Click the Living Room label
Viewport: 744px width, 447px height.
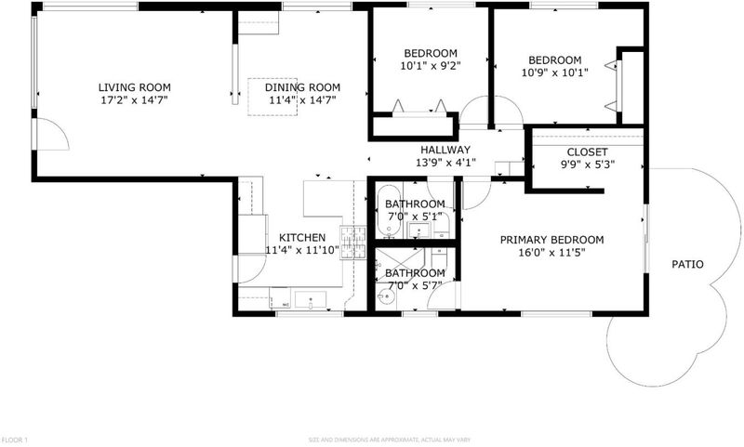(x=134, y=87)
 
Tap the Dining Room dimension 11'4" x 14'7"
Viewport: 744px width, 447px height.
(x=302, y=100)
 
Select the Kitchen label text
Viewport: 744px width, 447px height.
(x=302, y=238)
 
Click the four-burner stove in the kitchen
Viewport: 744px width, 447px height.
(x=353, y=243)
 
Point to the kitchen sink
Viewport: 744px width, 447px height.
(x=311, y=299)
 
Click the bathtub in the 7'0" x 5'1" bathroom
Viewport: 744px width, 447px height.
(x=389, y=211)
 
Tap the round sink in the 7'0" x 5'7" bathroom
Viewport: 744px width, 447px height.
(x=387, y=297)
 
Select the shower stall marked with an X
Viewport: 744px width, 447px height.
(x=400, y=265)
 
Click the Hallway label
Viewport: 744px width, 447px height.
(x=445, y=150)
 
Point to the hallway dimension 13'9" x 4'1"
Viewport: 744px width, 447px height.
(x=445, y=163)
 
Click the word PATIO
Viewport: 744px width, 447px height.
(x=687, y=264)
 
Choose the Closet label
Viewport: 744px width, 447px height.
(x=588, y=152)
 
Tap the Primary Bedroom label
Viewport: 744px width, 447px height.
(x=551, y=240)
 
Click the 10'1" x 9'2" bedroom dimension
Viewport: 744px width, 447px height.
(x=431, y=66)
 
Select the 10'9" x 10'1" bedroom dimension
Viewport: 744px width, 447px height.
(x=554, y=73)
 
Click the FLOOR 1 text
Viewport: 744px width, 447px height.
(x=14, y=440)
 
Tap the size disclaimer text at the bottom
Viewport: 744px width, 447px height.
(x=390, y=440)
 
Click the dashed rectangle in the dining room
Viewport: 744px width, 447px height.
(x=272, y=97)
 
